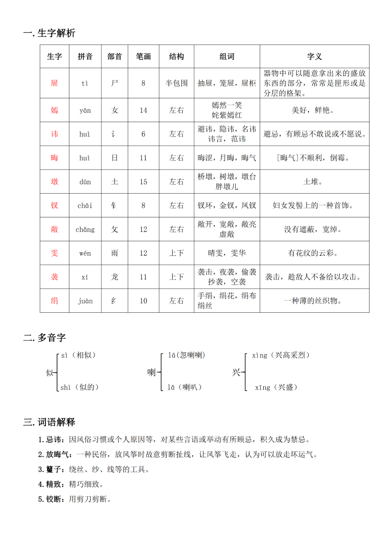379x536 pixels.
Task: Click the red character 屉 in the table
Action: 54,83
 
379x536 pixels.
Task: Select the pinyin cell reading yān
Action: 85,110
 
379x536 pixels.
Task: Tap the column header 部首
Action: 114,57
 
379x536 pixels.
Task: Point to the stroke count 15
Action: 143,182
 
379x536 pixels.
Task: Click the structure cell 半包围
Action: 177,83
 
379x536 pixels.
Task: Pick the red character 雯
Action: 54,253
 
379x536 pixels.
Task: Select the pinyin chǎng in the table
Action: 85,230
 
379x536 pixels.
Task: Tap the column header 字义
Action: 314,57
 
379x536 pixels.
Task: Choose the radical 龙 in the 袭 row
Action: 114,277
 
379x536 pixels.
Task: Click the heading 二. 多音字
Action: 45,338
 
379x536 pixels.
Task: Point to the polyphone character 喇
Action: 151,372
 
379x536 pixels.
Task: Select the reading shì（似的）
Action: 80,387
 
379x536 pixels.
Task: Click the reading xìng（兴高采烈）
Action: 281,355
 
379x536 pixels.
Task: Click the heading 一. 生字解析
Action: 49,33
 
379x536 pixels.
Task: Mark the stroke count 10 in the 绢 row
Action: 143,301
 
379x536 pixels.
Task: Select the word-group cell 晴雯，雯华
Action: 227,253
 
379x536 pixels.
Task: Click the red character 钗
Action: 54,205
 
